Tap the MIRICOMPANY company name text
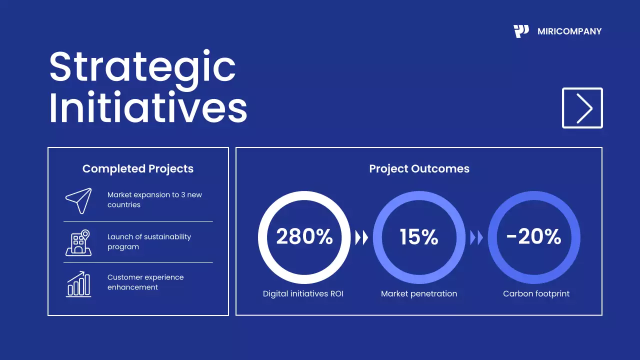pyautogui.click(x=569, y=31)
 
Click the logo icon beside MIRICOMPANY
pyautogui.click(x=521, y=31)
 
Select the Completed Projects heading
pyautogui.click(x=138, y=169)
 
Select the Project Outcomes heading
pyautogui.click(x=419, y=169)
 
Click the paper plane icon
pyautogui.click(x=78, y=200)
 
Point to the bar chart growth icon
pyautogui.click(x=78, y=284)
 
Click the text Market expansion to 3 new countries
pyautogui.click(x=154, y=200)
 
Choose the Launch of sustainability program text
pyautogui.click(x=149, y=242)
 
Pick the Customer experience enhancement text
pyautogui.click(x=145, y=282)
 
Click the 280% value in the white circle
pyautogui.click(x=304, y=237)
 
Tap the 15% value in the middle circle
pyautogui.click(x=419, y=237)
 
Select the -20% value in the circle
pyautogui.click(x=533, y=237)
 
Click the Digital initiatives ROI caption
pyautogui.click(x=303, y=294)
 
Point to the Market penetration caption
pyautogui.click(x=419, y=294)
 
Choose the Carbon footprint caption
pyautogui.click(x=536, y=294)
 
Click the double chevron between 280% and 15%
pyautogui.click(x=361, y=238)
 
